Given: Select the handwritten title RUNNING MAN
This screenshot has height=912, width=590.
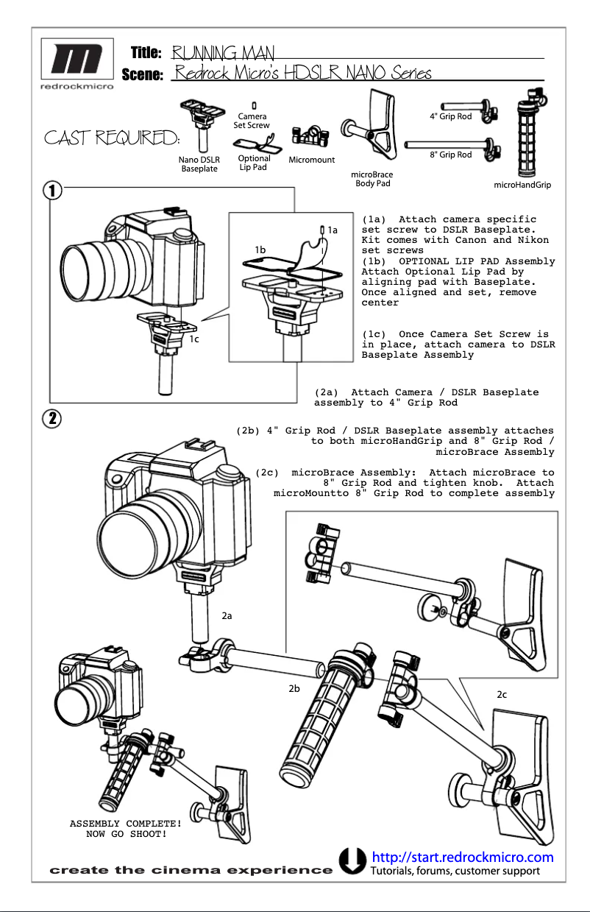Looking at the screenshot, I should click(x=222, y=53).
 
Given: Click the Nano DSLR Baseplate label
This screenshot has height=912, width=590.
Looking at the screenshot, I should click(x=199, y=164).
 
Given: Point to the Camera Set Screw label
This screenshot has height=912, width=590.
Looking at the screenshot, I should click(x=252, y=121).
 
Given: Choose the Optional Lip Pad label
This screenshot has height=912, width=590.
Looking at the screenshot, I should click(x=254, y=163).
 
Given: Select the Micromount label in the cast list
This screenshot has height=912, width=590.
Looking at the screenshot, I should click(x=311, y=160).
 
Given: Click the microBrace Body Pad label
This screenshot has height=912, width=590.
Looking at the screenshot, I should click(x=373, y=179).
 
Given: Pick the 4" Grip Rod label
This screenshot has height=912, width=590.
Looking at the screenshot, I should click(x=450, y=117).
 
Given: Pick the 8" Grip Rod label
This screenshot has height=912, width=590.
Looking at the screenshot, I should click(x=450, y=155).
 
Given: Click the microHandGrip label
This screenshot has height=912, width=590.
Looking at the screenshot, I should click(x=522, y=185).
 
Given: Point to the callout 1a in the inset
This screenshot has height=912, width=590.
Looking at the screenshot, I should click(x=333, y=230).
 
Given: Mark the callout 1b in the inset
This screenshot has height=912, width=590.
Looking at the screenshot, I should click(x=260, y=250).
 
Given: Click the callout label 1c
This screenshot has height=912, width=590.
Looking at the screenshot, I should click(x=194, y=339).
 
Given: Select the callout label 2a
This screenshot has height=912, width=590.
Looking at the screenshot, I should click(x=227, y=615).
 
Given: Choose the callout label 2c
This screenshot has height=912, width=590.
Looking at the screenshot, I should click(x=502, y=694).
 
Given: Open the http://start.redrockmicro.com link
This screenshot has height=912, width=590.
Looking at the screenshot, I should click(x=463, y=858).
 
